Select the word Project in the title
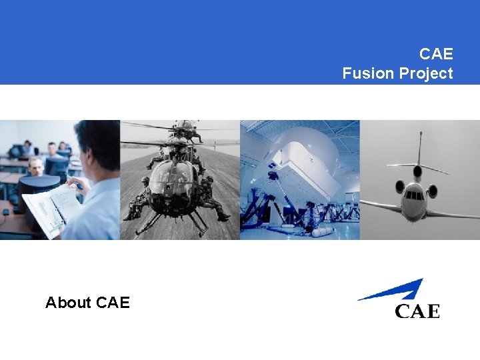[425, 73]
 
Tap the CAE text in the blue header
[436, 53]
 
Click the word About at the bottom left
[68, 303]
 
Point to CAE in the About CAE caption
[113, 303]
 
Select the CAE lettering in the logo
[417, 311]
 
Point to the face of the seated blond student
[35, 166]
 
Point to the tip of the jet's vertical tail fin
[421, 135]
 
